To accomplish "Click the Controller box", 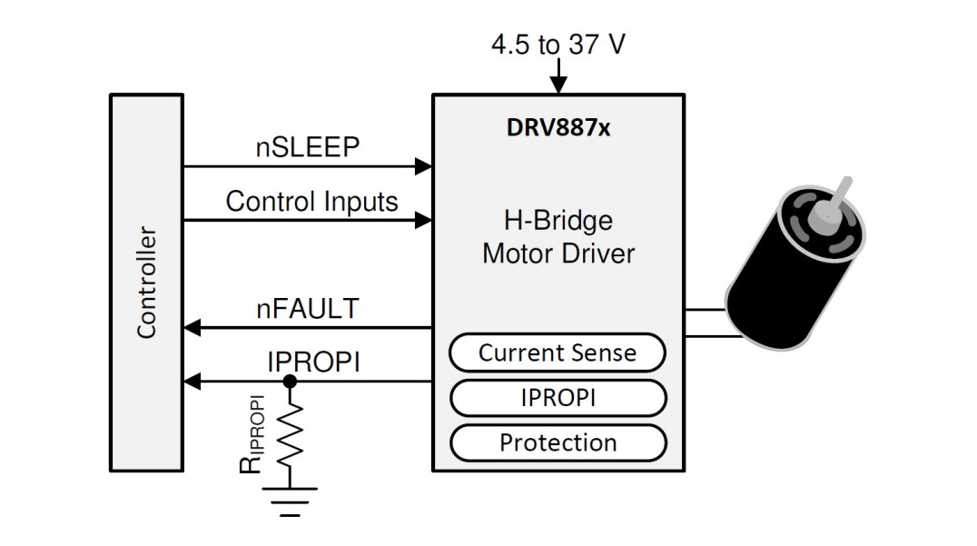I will coord(146,283).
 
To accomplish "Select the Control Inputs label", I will coord(311,201).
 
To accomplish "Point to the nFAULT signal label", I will coord(307,309).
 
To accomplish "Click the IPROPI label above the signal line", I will coord(313,362).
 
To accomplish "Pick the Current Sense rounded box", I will coord(558,352).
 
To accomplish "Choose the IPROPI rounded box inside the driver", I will coord(558,398).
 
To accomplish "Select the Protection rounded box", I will coord(558,442).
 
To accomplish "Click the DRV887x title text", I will coord(558,128).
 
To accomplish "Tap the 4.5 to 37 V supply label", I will coord(558,45).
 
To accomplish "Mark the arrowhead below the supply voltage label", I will coord(558,85).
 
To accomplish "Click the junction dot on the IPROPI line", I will coord(290,382).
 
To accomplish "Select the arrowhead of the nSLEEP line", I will coord(423,166).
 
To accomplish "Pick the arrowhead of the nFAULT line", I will coord(192,327).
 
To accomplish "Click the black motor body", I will coord(781,291).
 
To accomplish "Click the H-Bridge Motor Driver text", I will coord(558,236).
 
